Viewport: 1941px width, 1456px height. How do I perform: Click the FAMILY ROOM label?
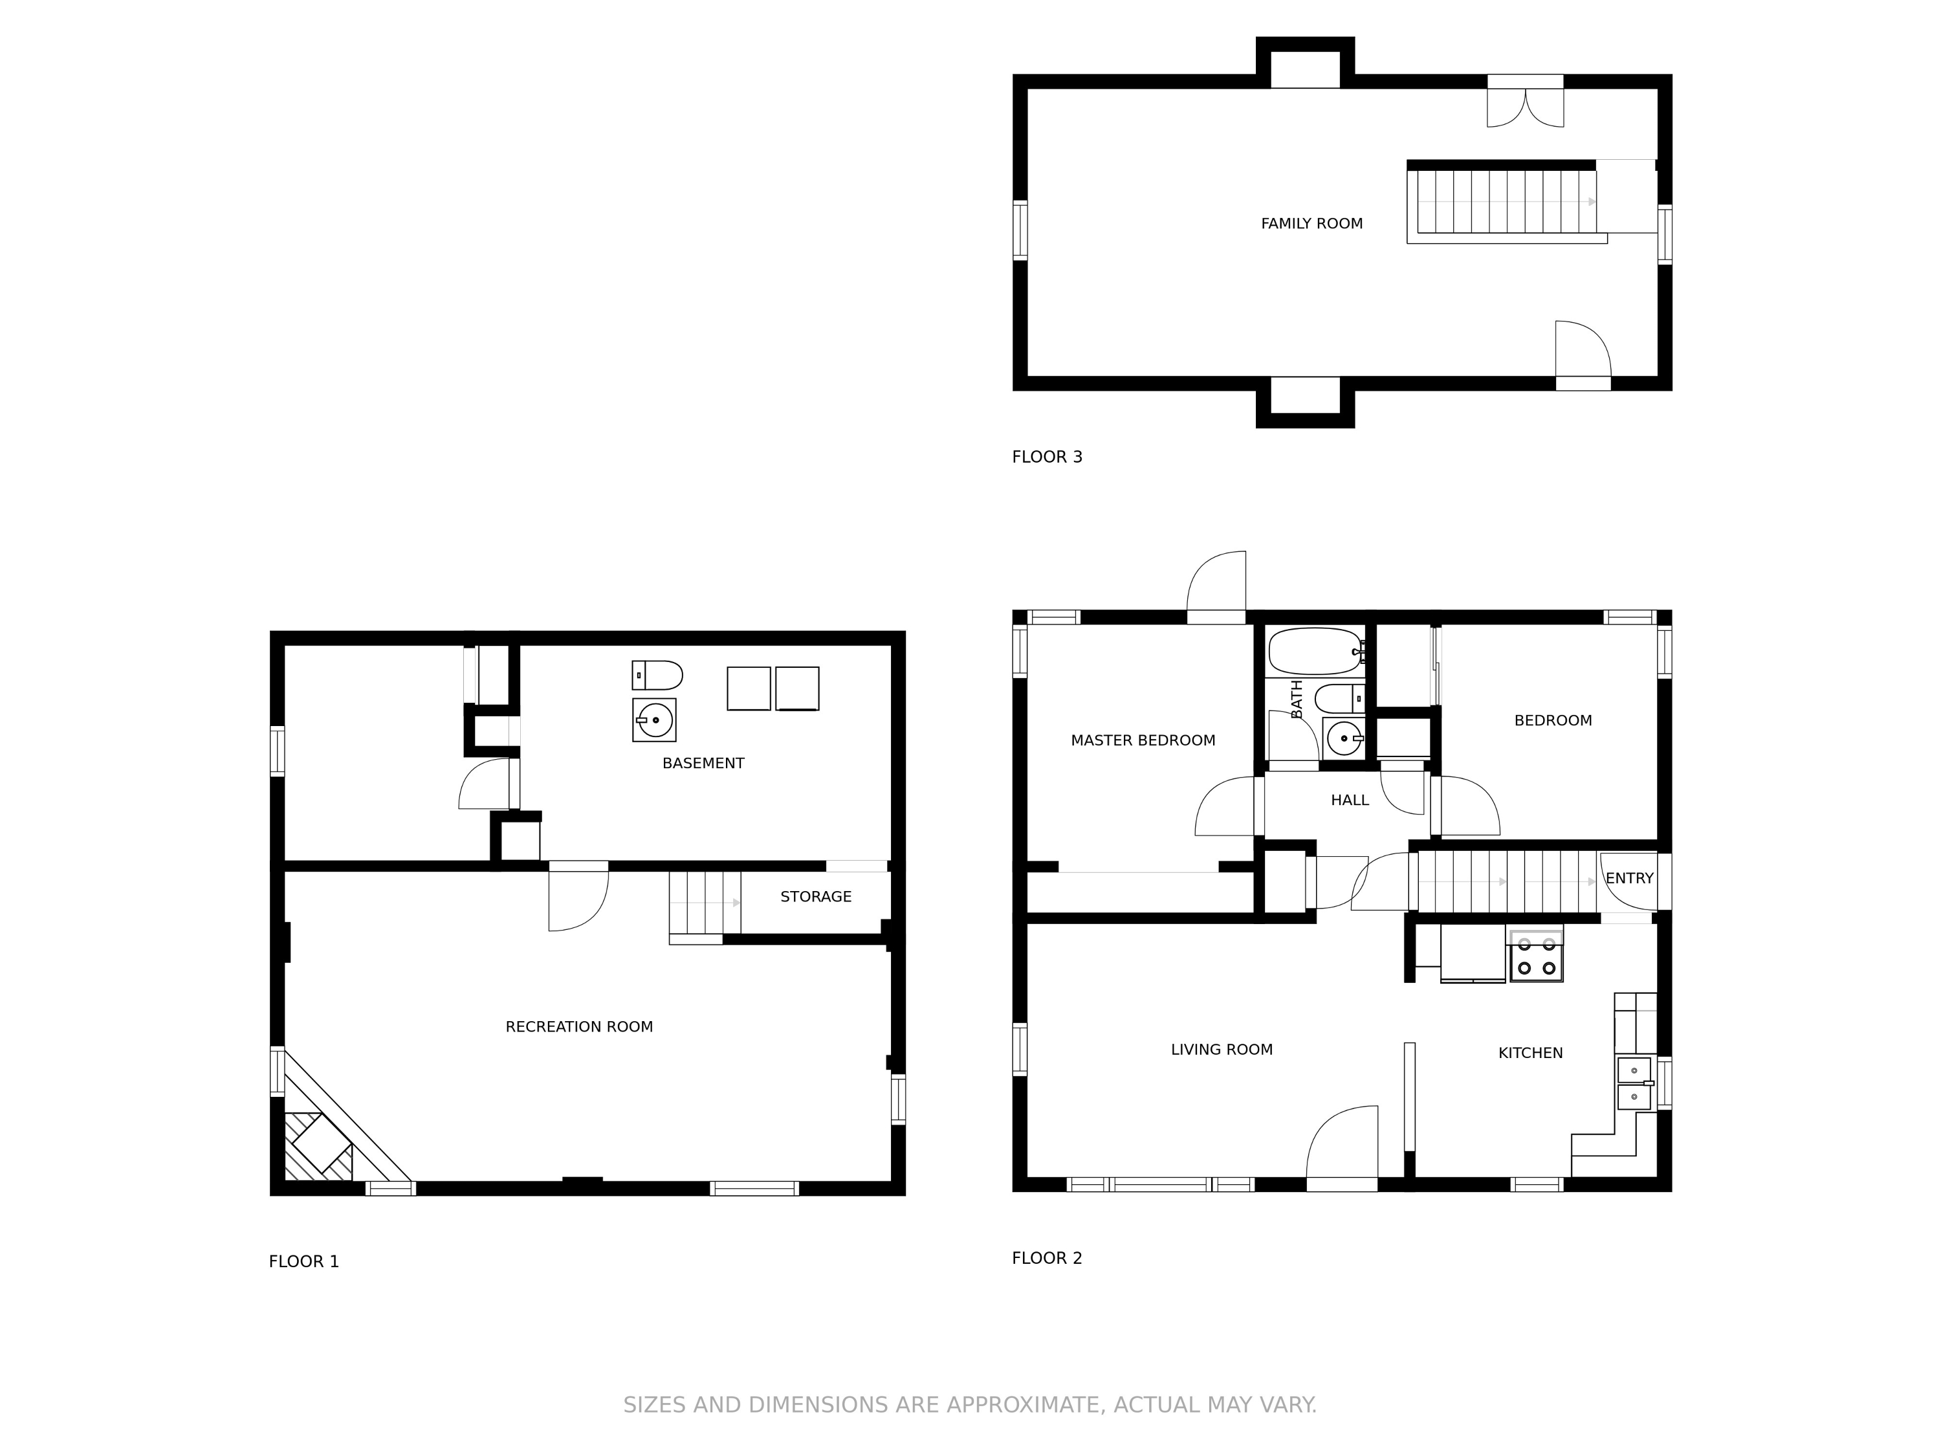[x=1312, y=224]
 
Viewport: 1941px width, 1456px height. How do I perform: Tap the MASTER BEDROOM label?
[x=1143, y=741]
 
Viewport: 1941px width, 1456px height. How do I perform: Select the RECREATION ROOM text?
[x=579, y=1027]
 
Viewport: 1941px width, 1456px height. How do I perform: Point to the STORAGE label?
[x=816, y=897]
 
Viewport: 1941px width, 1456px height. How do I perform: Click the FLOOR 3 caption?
[x=1047, y=458]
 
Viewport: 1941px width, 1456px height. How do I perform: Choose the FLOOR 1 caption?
[x=303, y=1262]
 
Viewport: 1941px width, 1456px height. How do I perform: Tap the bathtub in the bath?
[x=1315, y=650]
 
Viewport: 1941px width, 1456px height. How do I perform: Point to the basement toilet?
[x=657, y=676]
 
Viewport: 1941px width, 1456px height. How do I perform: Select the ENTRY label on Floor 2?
[x=1630, y=879]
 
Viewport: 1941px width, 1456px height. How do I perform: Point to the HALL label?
[x=1350, y=800]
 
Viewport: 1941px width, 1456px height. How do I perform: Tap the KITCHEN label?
[x=1530, y=1053]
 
